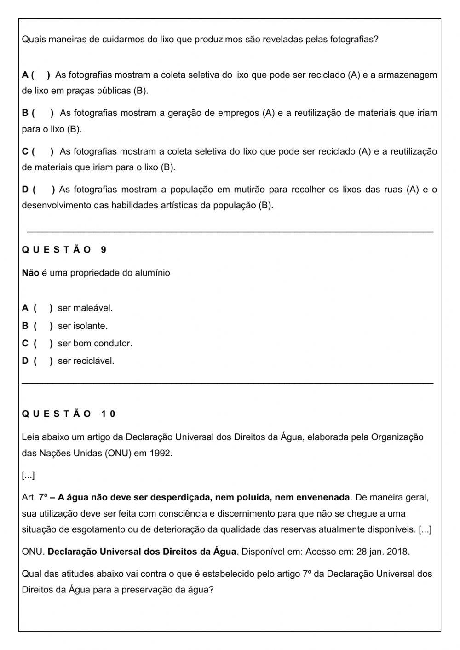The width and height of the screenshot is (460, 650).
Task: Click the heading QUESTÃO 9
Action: [x=64, y=250]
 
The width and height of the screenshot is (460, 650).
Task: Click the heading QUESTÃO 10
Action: [x=69, y=414]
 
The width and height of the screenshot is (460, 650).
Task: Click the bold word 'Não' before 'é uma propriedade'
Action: [x=30, y=273]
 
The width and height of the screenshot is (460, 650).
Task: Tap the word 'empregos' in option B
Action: [x=239, y=113]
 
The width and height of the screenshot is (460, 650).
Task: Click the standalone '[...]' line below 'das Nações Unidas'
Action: [x=28, y=476]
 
